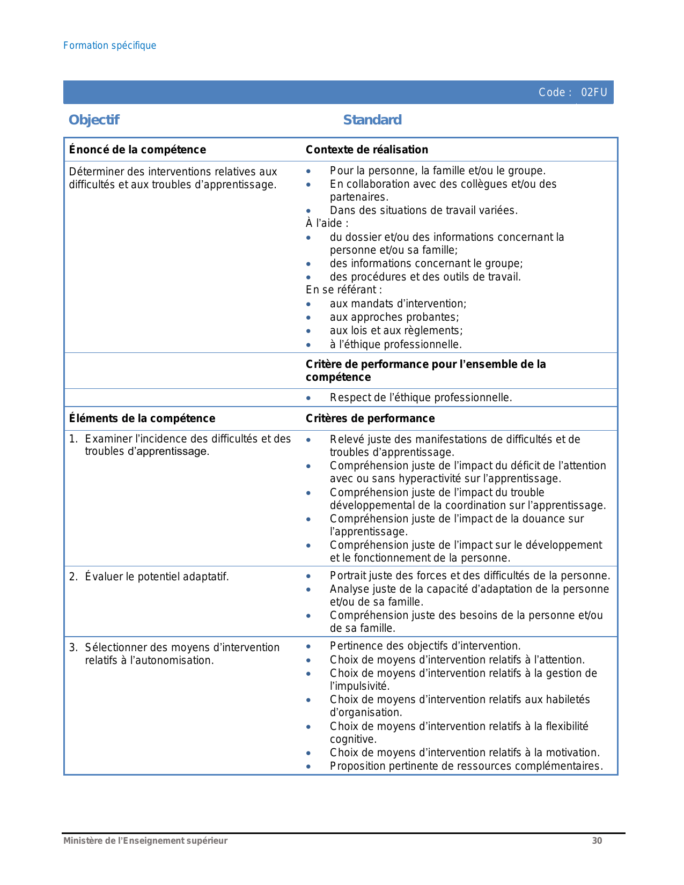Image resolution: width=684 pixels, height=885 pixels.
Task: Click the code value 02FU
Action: point(594,92)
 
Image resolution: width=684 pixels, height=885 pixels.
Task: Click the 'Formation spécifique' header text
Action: point(110,46)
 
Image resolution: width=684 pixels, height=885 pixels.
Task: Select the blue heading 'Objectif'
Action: point(94,120)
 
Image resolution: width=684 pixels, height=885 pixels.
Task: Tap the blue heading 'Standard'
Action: point(372,120)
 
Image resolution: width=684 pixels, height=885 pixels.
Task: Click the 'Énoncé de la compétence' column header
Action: point(137,150)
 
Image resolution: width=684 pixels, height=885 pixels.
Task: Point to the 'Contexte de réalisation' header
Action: point(367,150)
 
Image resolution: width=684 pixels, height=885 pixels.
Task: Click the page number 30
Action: point(597,840)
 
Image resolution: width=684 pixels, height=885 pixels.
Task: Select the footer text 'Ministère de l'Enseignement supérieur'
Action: point(145,840)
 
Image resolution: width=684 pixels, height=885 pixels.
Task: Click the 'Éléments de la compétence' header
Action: point(142,418)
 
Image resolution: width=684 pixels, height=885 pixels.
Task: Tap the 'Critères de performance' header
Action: point(370,418)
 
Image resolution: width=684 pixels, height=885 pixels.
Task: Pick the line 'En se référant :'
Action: point(344,290)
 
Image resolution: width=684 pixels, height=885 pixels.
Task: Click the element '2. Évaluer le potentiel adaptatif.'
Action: point(149,577)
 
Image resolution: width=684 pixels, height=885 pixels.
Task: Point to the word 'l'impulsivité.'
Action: point(360,686)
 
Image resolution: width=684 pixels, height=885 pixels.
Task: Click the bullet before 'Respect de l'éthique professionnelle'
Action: point(308,398)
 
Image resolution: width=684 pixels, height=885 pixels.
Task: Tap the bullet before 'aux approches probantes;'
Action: point(308,318)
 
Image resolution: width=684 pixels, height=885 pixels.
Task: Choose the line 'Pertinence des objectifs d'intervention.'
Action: point(425,646)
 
